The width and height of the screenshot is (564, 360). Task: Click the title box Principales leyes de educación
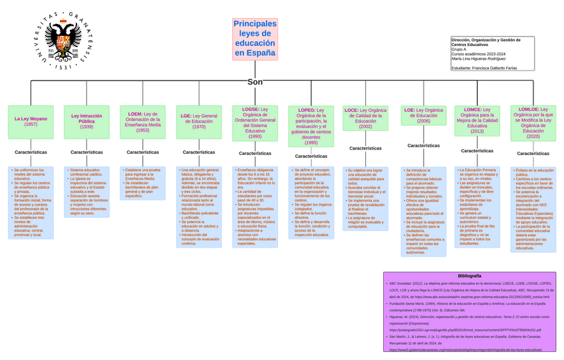[x=255, y=39]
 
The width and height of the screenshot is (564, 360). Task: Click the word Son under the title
[x=255, y=82]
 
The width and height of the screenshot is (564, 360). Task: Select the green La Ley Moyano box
[x=31, y=122]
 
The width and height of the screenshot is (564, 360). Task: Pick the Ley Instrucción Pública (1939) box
[x=86, y=122]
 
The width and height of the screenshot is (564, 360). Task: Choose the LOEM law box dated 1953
[x=143, y=122]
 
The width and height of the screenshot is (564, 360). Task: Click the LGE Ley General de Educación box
[x=199, y=122]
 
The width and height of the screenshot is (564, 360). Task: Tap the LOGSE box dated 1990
[x=255, y=122]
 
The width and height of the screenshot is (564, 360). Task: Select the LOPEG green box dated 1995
[x=311, y=126]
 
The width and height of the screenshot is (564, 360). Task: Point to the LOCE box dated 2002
[x=366, y=117]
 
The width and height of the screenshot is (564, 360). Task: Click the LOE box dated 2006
[x=424, y=115]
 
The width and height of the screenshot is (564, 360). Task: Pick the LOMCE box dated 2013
[x=478, y=120]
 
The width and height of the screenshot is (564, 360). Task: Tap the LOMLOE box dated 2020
[x=533, y=122]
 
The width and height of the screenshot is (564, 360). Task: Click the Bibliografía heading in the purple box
[x=469, y=275]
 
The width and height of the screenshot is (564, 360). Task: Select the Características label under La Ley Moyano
[x=31, y=152]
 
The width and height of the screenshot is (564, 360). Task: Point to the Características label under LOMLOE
[x=533, y=154]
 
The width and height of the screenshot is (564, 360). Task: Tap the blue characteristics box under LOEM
[x=143, y=183]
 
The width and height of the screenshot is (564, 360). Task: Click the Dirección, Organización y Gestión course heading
[x=486, y=42]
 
